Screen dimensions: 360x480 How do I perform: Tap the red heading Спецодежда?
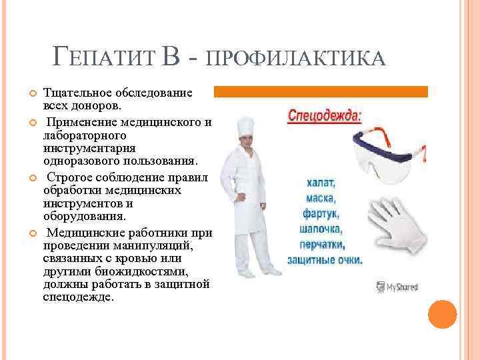coord(325,115)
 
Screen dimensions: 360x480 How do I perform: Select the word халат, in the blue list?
coord(323,181)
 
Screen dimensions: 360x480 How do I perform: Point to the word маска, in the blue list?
coord(321,198)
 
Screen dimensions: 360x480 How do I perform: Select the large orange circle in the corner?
coord(442,313)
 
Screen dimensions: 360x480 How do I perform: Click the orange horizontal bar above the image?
coord(321,91)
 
